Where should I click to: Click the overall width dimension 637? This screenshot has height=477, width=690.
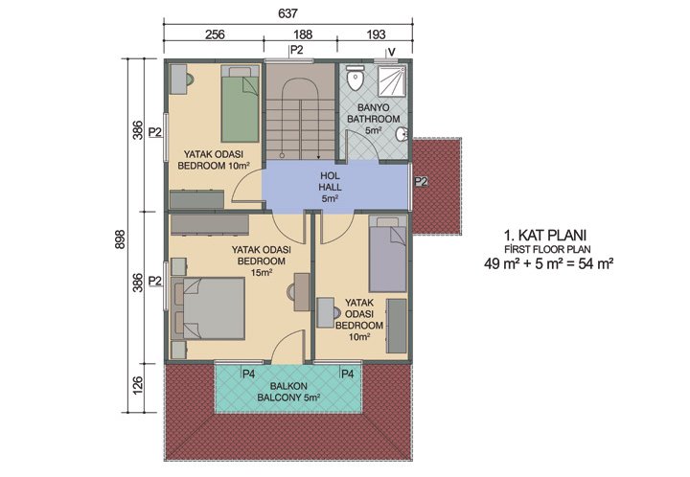(288, 13)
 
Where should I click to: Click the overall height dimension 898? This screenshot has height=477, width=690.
(120, 243)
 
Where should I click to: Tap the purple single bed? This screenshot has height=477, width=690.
(389, 255)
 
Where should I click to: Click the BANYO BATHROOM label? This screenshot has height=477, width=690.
(373, 119)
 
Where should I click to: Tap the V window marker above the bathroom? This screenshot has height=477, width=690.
(391, 51)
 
